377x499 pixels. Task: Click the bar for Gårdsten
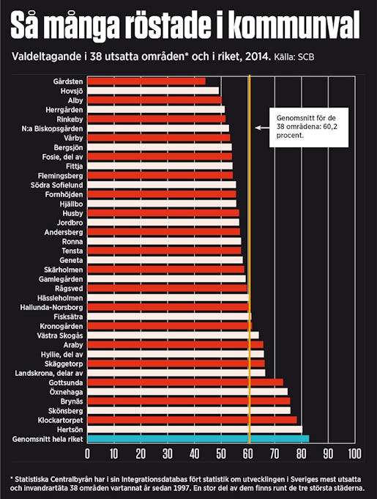pyautogui.click(x=146, y=81)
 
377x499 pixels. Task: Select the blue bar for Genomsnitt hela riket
pyautogui.click(x=198, y=438)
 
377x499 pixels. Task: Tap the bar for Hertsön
pyautogui.click(x=194, y=429)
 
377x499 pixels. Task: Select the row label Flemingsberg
pyautogui.click(x=61, y=176)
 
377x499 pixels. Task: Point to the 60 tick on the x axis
pyautogui.click(x=248, y=454)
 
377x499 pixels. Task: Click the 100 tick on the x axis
pyautogui.click(x=355, y=454)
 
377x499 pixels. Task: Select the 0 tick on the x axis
pyautogui.click(x=88, y=454)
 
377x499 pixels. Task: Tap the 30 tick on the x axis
pyautogui.click(x=168, y=454)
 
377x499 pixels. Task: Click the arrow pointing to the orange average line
pyautogui.click(x=259, y=127)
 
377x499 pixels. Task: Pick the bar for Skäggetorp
pyautogui.click(x=176, y=363)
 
